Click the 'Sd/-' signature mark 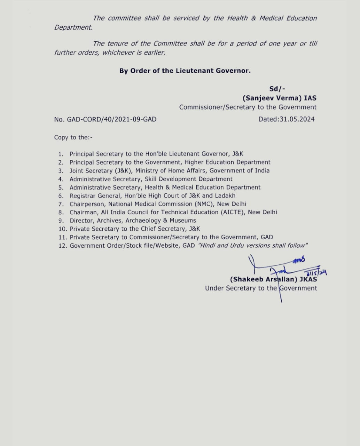[277, 89]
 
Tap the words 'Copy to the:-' [73, 138]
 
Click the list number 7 [61, 204]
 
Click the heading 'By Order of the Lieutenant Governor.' [185, 71]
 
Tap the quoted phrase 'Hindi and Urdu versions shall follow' [253, 245]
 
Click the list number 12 [62, 245]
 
